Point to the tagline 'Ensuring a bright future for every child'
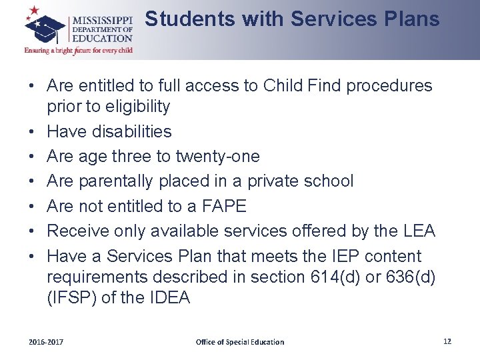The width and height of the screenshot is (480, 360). (x=79, y=50)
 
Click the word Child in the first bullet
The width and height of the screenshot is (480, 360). (x=285, y=86)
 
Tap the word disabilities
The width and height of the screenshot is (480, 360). (x=131, y=131)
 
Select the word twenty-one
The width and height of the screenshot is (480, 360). (x=217, y=157)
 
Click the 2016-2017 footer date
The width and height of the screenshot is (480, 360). (x=46, y=342)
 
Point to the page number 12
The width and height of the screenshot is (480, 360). (x=447, y=341)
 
